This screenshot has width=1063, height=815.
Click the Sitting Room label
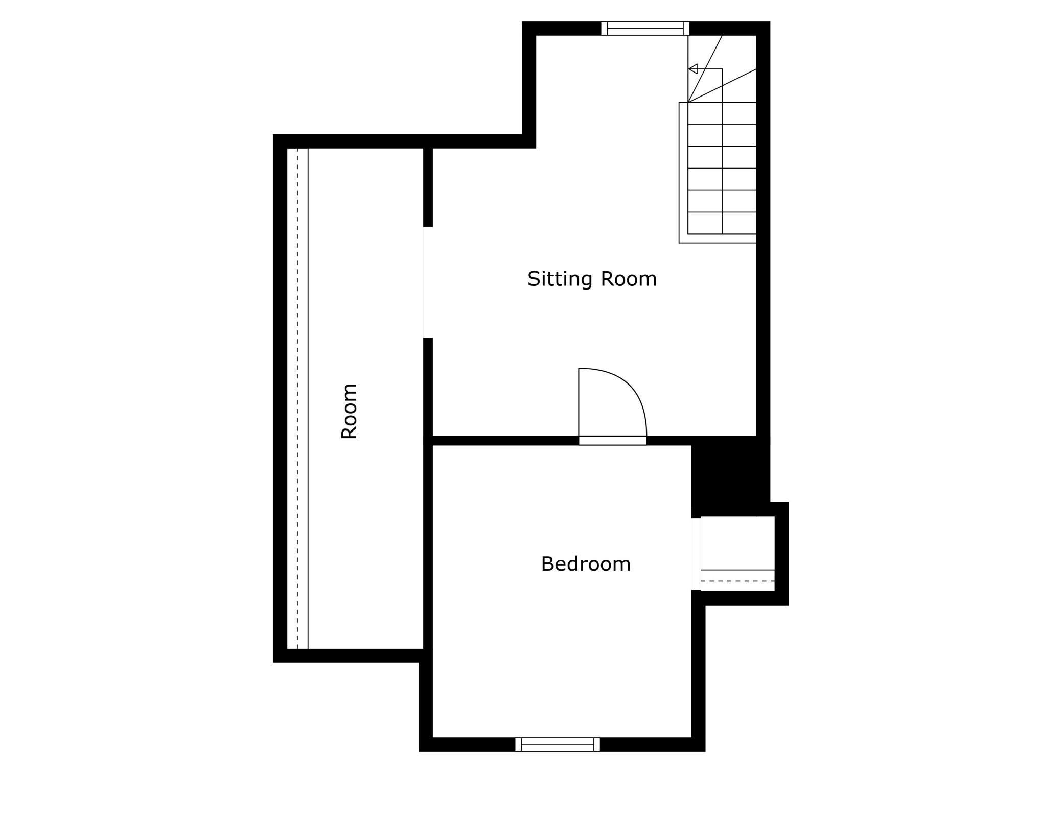pos(592,279)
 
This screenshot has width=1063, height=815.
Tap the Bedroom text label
pos(586,564)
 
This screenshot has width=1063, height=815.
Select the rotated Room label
pos(349,411)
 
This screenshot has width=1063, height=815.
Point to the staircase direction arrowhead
pos(693,69)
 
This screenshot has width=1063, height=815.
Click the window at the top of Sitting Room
pos(645,29)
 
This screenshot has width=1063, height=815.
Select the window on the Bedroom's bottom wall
pos(558,745)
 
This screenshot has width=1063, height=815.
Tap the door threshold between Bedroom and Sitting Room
pos(612,441)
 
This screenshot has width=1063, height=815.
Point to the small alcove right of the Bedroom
pos(737,554)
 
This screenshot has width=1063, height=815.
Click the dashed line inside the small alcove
pos(737,581)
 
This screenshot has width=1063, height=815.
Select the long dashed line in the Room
pos(297,398)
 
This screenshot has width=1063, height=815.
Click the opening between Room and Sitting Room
pos(428,282)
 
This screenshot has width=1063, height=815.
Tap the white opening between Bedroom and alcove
pos(696,554)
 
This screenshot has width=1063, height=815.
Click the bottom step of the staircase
pos(722,223)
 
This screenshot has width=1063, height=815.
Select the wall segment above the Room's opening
pos(428,187)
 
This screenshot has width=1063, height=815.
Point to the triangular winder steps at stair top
pos(722,69)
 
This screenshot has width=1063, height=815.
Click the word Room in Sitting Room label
pos(628,279)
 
